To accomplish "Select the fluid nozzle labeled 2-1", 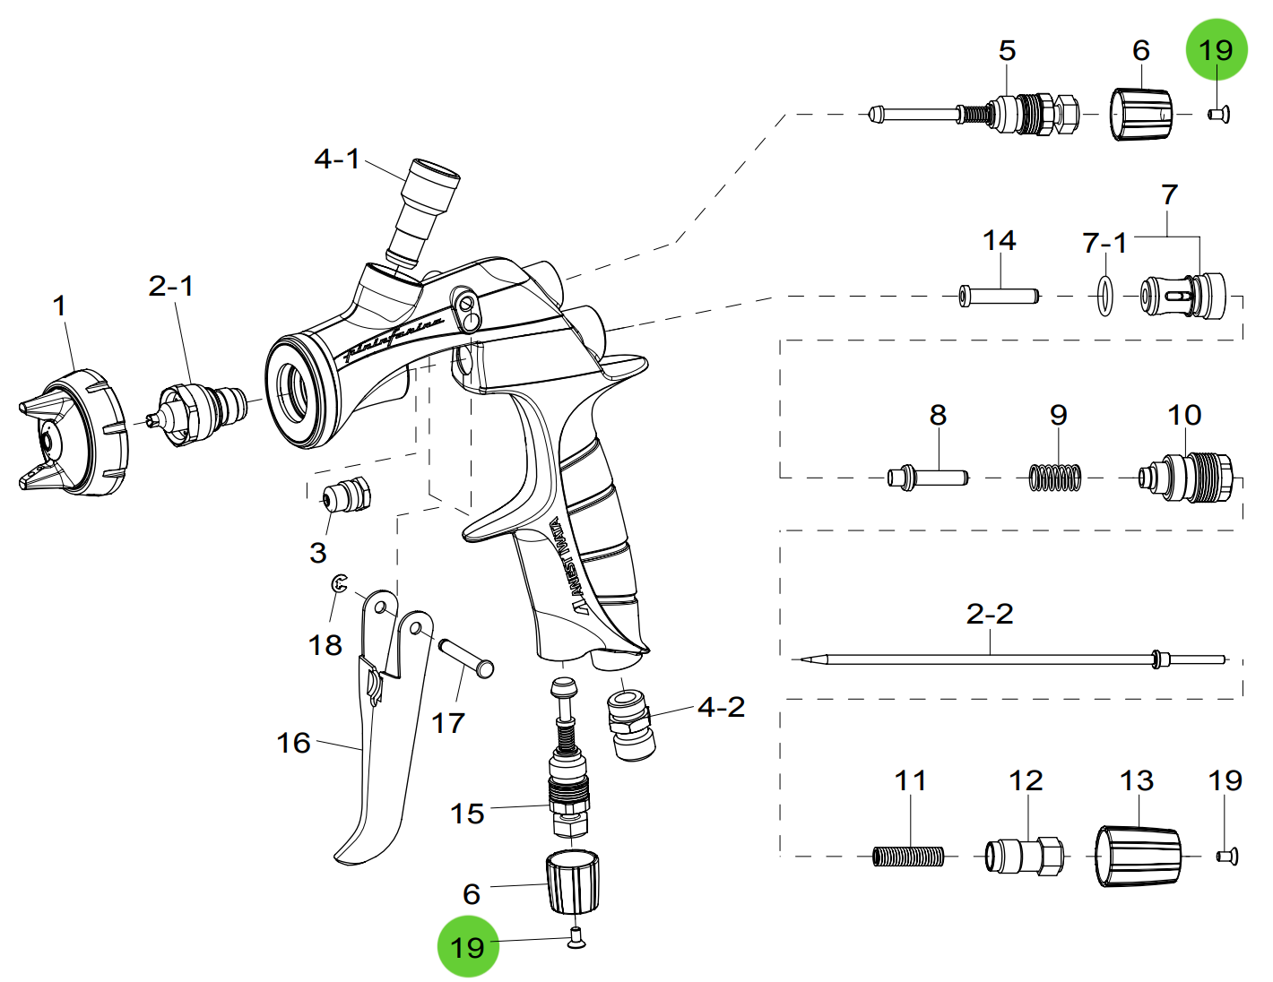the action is pos(199,413).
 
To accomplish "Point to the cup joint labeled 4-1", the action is pos(423,211).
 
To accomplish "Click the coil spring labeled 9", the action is pos(1055,478).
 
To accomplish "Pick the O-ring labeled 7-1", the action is pos(1104,296).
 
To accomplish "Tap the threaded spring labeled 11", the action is pos(908,857).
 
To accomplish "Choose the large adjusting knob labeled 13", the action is pos(1138,857).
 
